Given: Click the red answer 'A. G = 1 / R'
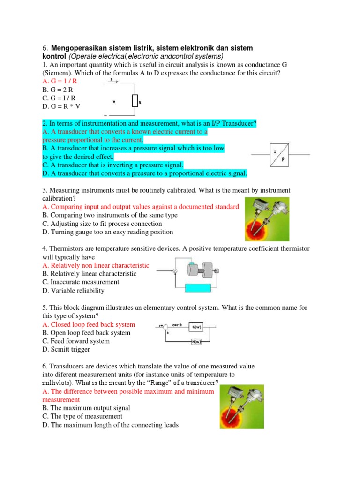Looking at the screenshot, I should click(60, 81).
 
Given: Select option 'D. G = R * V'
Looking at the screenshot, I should click(61, 106).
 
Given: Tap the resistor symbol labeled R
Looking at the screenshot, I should click(135, 100).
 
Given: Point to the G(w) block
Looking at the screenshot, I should click(196, 327).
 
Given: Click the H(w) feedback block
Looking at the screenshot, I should click(196, 342).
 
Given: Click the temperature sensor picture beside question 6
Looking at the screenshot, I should click(241, 406).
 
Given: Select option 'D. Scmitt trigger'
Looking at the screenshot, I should click(66, 350).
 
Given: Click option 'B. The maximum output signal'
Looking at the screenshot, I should click(86, 408).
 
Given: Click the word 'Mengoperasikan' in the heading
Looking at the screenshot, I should click(77, 48).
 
